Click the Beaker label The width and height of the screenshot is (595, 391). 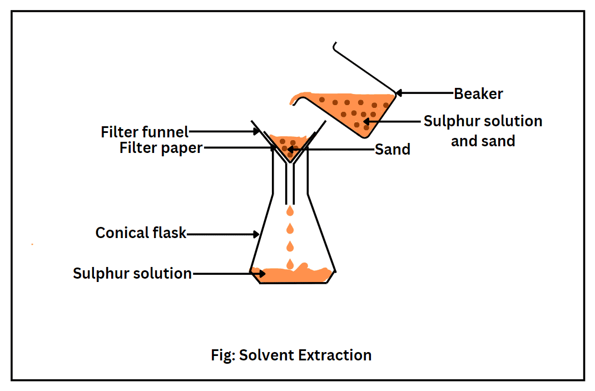coord(478,93)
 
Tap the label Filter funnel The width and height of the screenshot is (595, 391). coord(145,132)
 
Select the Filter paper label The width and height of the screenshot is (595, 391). coord(161,149)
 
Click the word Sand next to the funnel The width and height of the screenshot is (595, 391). coord(392,149)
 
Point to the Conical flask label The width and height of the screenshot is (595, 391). coord(141,232)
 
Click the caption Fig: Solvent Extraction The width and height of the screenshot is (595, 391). coord(291,355)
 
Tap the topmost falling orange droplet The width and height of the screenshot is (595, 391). coord(290,212)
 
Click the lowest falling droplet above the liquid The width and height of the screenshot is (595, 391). coord(290,263)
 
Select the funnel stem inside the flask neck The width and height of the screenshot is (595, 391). coord(290,184)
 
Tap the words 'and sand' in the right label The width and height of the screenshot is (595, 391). coord(483,141)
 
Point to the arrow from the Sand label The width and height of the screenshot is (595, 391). coord(334,149)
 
